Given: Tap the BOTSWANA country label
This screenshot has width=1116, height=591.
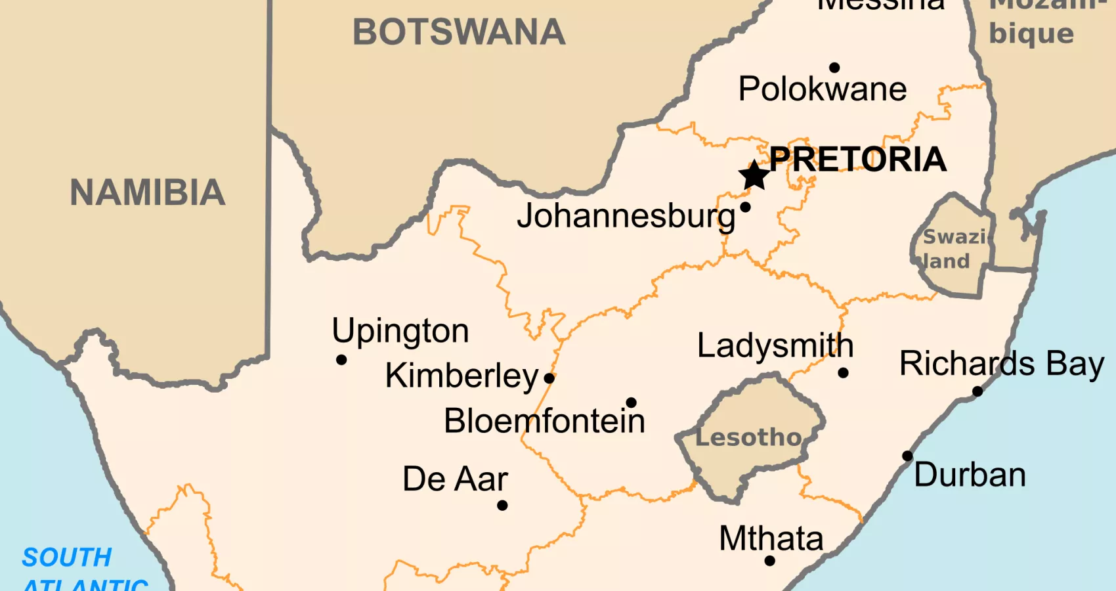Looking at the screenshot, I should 458,32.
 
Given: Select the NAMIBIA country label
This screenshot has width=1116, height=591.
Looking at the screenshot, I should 148,193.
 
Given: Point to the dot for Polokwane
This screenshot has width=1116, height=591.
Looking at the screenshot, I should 834,68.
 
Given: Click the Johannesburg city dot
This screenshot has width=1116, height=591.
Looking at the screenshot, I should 745,208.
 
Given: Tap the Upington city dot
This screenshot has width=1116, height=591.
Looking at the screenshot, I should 341,360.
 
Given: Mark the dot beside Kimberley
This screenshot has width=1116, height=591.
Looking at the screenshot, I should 549,378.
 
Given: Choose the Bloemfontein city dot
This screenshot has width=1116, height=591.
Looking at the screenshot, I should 631,403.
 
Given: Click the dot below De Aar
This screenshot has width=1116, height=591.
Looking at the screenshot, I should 502,506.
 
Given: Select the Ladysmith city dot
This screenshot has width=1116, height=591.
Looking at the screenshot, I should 844,373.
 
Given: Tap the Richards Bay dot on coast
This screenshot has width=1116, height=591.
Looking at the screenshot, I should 977,391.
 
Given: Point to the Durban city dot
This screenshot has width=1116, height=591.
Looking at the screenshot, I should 907,456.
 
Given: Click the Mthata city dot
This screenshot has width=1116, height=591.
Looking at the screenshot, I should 770,561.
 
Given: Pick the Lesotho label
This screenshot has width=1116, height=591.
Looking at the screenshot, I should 748,437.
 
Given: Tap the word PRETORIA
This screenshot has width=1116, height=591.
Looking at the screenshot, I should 857,160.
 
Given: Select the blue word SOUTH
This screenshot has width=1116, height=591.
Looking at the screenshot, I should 67,558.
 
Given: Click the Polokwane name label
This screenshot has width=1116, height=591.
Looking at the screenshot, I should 822,89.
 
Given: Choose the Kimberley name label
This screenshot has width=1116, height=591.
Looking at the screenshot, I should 461,376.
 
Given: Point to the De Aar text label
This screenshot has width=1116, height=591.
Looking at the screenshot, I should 455,479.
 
